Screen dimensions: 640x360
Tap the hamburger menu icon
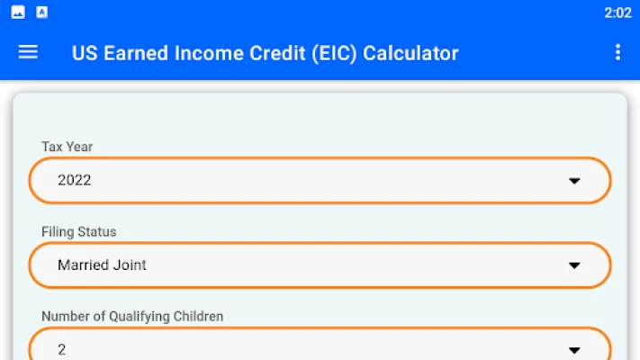tap(28, 52)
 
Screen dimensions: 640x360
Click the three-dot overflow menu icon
tap(618, 52)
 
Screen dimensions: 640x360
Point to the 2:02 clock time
tap(618, 13)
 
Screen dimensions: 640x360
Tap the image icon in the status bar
tap(18, 13)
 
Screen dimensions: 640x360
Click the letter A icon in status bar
tap(41, 13)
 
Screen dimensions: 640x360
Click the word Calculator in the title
tap(410, 53)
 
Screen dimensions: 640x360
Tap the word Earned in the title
tap(136, 53)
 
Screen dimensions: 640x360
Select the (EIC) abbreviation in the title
tap(334, 53)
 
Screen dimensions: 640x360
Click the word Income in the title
tap(209, 53)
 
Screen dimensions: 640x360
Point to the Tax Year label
tap(67, 147)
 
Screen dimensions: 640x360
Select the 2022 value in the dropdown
tap(75, 180)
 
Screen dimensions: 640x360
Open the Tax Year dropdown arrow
tap(574, 181)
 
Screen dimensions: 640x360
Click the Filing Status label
tap(79, 231)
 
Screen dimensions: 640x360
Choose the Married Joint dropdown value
tap(102, 265)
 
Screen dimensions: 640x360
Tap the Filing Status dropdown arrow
tap(574, 265)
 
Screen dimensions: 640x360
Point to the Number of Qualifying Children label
tap(132, 316)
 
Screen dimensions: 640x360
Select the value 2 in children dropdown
tap(61, 349)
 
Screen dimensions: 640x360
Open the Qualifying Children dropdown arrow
tap(574, 350)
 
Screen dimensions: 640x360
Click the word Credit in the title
tap(277, 53)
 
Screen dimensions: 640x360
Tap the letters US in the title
tap(85, 53)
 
